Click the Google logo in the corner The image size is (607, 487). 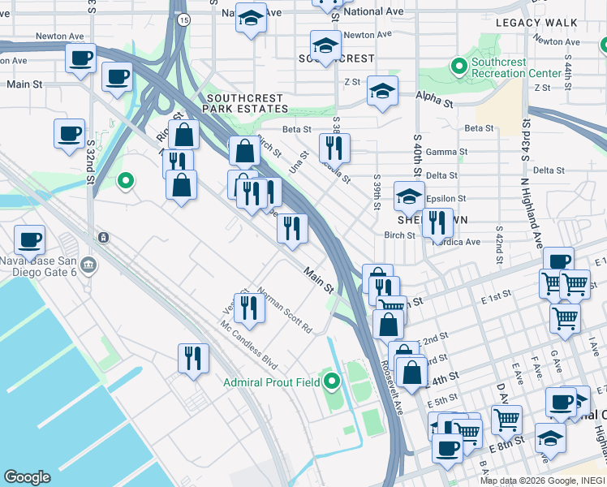(27, 476)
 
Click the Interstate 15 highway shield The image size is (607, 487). (185, 19)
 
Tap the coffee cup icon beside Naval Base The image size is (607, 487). (29, 239)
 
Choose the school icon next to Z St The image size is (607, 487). (382, 90)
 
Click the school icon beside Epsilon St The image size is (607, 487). (409, 196)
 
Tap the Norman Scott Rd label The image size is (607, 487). (285, 312)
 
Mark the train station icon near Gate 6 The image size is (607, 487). (103, 237)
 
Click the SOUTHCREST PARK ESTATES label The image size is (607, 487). (245, 102)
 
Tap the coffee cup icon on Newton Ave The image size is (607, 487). (80, 58)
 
